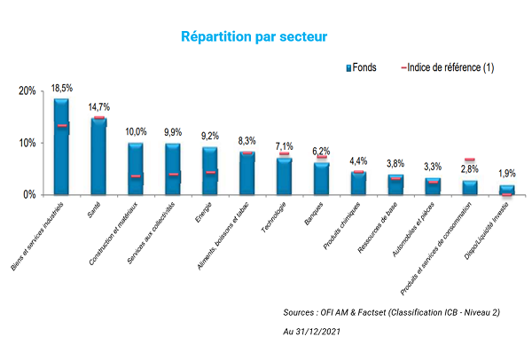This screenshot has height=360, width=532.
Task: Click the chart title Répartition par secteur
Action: [254, 37]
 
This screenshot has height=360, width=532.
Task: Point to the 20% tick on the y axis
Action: [27, 91]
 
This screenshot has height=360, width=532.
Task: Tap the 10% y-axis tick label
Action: [27, 143]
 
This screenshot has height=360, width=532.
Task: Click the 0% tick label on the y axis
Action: [30, 194]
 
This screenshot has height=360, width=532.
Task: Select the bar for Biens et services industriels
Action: [61, 146]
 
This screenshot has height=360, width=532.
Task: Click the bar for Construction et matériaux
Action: [136, 168]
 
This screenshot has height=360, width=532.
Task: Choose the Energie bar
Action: [209, 170]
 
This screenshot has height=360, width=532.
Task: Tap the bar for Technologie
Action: [284, 176]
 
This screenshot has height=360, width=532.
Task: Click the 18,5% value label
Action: [61, 89]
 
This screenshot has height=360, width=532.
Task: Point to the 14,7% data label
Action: [98, 107]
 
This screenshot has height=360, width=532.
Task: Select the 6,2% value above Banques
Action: [321, 152]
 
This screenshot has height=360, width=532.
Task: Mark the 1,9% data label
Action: [506, 174]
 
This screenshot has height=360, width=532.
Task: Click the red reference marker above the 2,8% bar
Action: [469, 160]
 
